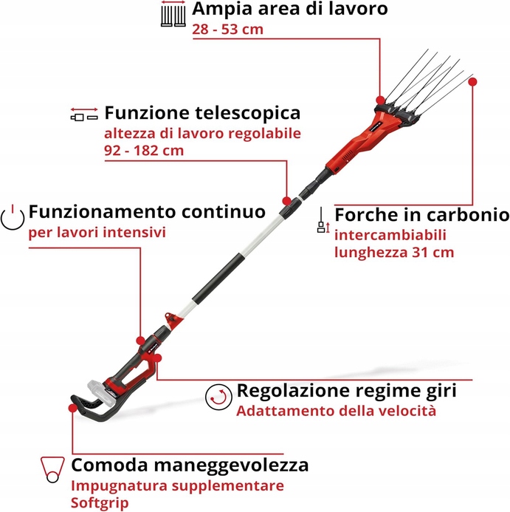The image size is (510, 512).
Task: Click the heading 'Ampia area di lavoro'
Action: tap(289, 10)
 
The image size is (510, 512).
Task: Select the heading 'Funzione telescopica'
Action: tap(202, 113)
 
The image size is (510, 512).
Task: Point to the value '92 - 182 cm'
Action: tap(144, 150)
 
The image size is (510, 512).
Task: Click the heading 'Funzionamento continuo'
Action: tap(147, 212)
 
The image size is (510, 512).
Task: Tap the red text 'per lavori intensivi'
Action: tap(97, 232)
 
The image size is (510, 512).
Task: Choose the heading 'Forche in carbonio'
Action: tap(421, 215)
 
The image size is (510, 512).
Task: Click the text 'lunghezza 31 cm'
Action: tap(394, 252)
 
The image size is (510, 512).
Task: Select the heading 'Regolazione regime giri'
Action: tap(345, 390)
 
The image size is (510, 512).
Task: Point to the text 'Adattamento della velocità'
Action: tap(336, 411)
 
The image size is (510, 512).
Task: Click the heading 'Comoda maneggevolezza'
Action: tap(190, 465)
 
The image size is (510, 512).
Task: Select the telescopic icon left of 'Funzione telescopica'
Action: tap(83, 115)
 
